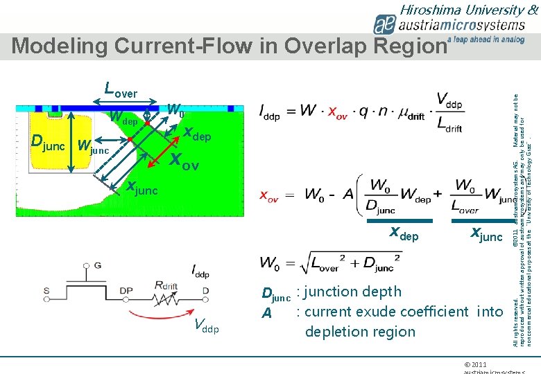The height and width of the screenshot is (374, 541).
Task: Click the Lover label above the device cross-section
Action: pos(120,90)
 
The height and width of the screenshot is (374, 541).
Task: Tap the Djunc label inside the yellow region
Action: pos(50,142)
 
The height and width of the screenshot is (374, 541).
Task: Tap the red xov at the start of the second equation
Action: pos(270,196)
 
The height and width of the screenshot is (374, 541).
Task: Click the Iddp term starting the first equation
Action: pos(272,112)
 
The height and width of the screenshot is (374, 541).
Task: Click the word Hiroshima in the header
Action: pos(430,10)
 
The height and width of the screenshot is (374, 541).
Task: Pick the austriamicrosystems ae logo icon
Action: pos(386,25)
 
